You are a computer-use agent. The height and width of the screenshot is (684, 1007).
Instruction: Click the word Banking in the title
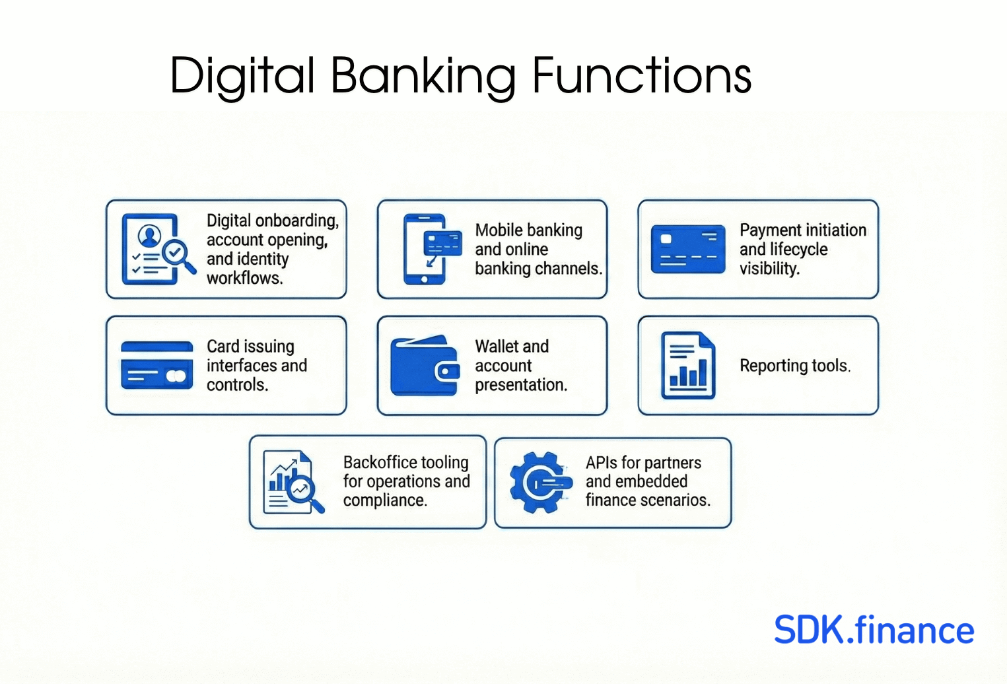(423, 77)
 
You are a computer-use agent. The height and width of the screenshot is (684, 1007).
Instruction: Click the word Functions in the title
(642, 75)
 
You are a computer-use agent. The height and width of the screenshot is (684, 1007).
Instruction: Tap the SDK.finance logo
(874, 630)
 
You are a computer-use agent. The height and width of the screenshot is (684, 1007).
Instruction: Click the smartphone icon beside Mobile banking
(432, 249)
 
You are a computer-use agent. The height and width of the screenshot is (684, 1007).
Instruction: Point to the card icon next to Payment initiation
(688, 249)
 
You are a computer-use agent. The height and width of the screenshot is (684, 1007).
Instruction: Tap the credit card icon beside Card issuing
(157, 365)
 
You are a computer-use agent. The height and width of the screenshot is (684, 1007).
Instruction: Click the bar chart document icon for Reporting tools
(688, 365)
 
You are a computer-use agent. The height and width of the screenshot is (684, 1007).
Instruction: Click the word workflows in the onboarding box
(244, 278)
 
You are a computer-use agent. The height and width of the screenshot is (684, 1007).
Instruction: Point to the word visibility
(770, 269)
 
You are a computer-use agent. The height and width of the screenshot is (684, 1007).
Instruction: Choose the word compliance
(385, 500)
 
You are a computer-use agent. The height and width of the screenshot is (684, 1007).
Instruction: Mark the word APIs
(602, 462)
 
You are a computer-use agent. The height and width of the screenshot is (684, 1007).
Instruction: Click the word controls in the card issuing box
(237, 385)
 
